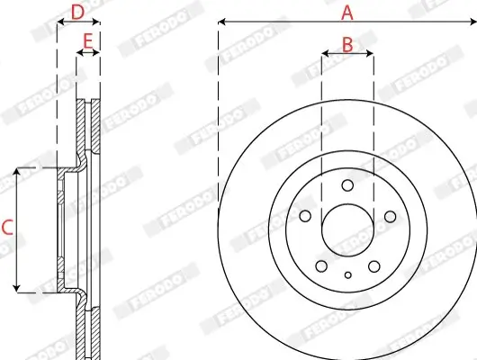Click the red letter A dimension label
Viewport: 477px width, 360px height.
[346, 12]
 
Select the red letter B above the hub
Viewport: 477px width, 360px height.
[346, 43]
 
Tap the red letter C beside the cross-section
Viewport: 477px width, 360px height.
[7, 229]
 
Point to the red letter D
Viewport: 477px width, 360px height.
[77, 12]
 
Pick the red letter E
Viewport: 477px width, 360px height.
[87, 41]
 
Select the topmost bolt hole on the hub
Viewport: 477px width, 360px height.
[347, 184]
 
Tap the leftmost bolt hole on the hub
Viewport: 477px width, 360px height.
[305, 216]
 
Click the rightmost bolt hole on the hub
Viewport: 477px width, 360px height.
[390, 216]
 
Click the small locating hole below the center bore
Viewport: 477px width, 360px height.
[347, 274]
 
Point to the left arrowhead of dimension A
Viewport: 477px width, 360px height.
[221, 20]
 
